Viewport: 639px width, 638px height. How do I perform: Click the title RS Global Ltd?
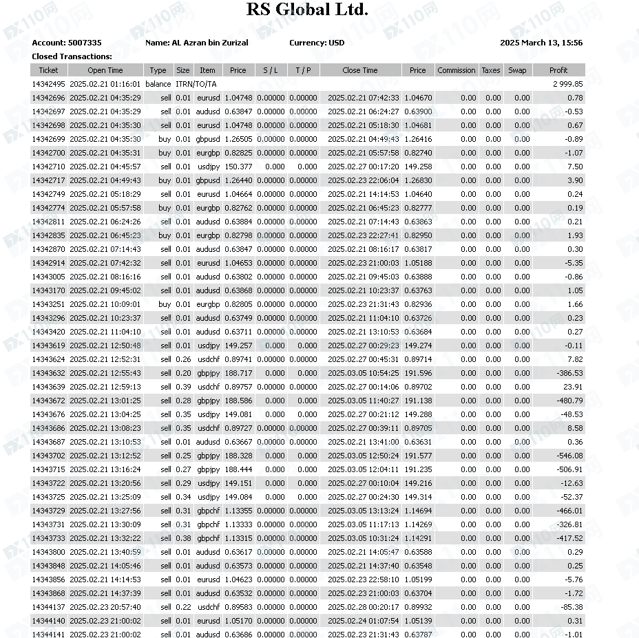[x=307, y=10]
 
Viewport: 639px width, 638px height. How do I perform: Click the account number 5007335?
[x=85, y=43]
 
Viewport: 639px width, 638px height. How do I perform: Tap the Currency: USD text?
[x=317, y=43]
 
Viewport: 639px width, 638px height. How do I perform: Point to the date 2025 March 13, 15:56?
[x=541, y=43]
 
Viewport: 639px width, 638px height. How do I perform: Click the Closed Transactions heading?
[x=72, y=56]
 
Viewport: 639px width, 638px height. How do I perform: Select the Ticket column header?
[x=48, y=70]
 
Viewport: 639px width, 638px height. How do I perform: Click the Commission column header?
[x=456, y=70]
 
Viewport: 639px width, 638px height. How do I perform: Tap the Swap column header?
[x=517, y=70]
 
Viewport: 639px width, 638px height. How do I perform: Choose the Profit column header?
[x=558, y=70]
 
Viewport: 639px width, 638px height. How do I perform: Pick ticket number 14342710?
[x=48, y=167]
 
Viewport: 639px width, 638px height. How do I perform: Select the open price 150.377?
[x=238, y=167]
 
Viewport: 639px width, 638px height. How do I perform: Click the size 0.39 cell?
[x=183, y=387]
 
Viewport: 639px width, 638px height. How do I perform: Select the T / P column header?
[x=303, y=70]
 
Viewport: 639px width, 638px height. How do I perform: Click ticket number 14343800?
[x=48, y=552]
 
